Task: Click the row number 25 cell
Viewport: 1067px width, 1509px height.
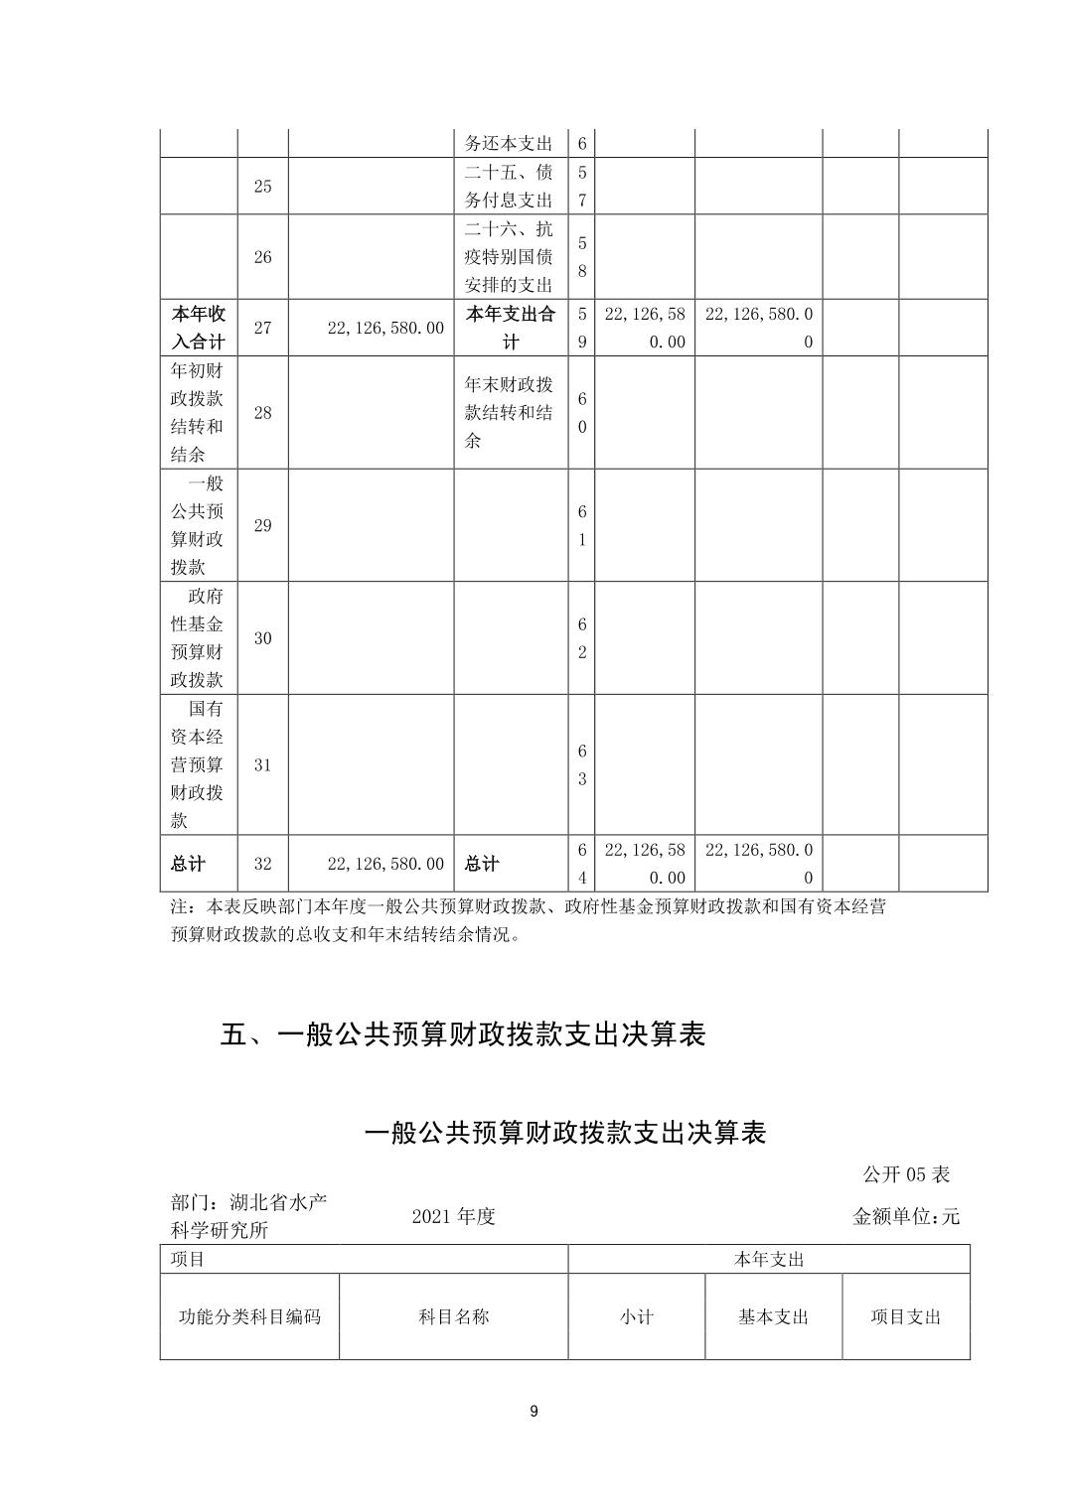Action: point(262,186)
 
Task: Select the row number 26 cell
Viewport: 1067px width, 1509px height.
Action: point(262,256)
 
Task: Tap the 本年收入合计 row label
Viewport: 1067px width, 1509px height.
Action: point(199,328)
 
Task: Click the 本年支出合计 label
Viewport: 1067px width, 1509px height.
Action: point(511,328)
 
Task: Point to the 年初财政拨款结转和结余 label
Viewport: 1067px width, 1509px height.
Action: point(199,412)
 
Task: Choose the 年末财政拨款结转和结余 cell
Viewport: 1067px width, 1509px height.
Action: point(511,412)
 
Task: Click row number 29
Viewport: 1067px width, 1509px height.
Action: point(262,525)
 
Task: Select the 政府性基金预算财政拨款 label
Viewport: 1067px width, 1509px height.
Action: point(199,637)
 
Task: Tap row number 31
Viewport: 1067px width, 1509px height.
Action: point(262,764)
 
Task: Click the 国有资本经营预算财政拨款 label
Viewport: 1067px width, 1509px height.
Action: point(199,764)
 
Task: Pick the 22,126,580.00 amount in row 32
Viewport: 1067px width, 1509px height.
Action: point(385,864)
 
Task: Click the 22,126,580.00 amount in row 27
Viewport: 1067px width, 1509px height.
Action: point(385,328)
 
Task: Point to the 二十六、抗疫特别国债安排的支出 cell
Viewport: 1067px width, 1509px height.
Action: point(511,256)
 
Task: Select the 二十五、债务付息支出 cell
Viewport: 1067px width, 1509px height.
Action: point(511,186)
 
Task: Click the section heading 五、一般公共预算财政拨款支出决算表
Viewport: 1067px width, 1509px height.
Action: point(463,1034)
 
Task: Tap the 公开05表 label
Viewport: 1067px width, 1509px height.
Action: point(906,1174)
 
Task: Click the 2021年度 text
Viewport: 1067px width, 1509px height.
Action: point(453,1216)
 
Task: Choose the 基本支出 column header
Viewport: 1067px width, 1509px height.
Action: point(773,1316)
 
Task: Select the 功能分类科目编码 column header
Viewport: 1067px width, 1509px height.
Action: point(249,1316)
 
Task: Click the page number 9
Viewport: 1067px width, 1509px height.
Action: point(534,1412)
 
